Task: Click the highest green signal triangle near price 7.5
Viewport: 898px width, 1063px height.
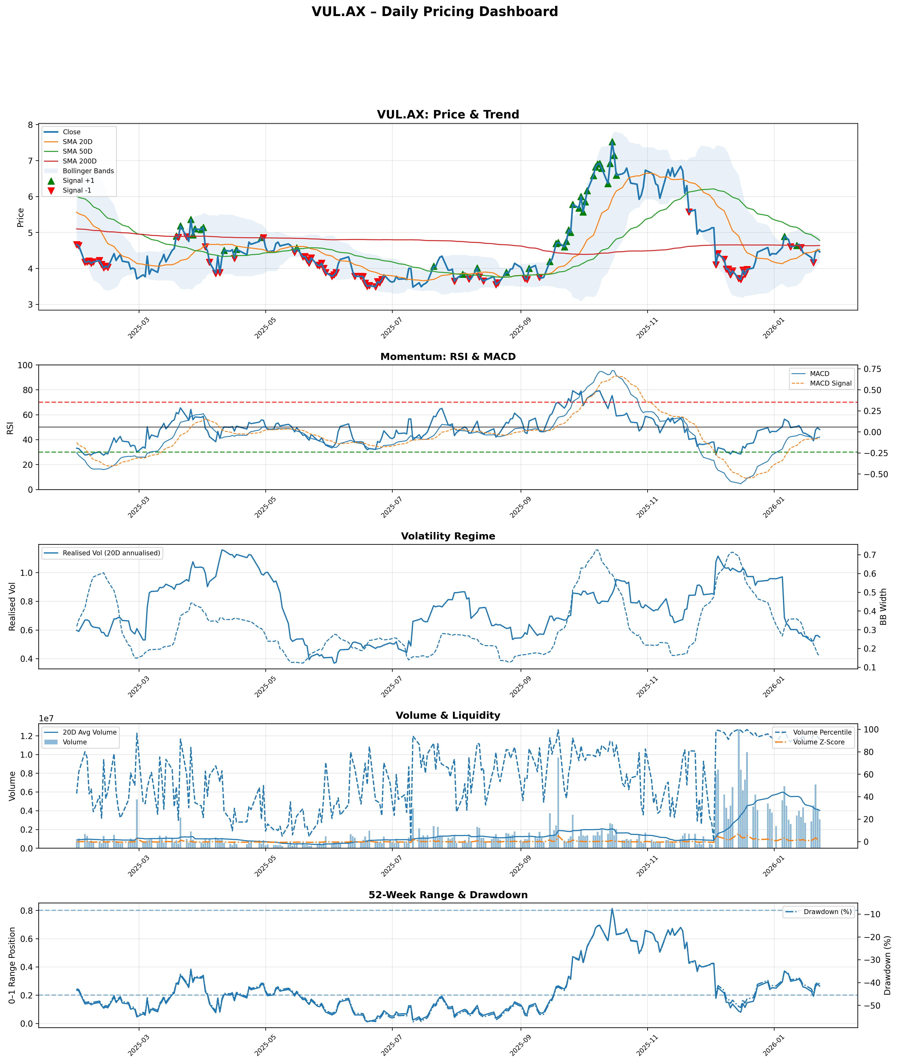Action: [612, 142]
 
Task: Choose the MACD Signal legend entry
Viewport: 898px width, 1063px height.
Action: [830, 383]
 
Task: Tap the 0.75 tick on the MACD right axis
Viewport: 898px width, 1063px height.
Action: [871, 369]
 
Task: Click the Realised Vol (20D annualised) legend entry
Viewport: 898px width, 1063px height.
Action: [111, 553]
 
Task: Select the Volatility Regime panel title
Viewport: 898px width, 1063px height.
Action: [448, 536]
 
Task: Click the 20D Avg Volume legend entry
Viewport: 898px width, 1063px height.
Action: [90, 732]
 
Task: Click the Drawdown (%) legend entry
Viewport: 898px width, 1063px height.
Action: [827, 912]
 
